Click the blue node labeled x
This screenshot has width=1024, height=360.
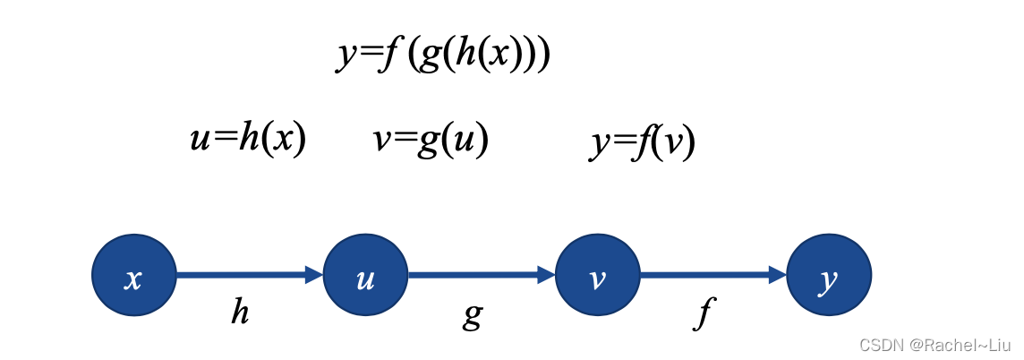(134, 276)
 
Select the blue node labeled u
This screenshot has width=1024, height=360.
(365, 276)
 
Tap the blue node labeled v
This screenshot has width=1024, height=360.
(597, 276)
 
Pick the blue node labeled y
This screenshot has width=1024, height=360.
(829, 276)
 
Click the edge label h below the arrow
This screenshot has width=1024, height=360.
(240, 312)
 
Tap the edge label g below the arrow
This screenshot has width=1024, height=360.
(474, 313)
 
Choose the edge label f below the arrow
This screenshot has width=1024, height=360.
(705, 313)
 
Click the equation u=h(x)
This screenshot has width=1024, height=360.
(248, 140)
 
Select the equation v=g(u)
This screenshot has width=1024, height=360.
(431, 140)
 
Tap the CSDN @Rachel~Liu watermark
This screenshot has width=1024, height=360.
(934, 345)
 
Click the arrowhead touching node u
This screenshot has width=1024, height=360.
(314, 276)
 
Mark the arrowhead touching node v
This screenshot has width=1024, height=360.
(546, 276)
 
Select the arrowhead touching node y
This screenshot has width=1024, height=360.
(777, 276)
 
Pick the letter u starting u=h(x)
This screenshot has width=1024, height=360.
(200, 141)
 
